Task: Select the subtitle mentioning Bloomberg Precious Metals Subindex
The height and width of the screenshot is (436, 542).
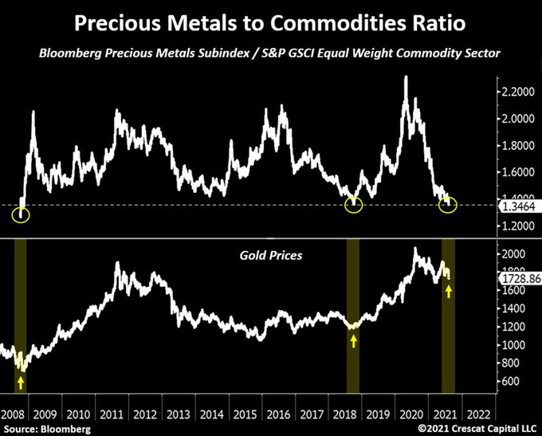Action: coord(271,54)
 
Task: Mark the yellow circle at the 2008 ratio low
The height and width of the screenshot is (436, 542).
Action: coord(22,214)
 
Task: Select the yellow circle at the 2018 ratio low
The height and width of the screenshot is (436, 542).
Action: coord(354,206)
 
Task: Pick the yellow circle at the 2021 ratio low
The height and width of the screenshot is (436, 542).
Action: coord(448,206)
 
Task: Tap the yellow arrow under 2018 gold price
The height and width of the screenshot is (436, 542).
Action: coord(354,341)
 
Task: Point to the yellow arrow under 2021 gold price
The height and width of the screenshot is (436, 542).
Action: coord(449,292)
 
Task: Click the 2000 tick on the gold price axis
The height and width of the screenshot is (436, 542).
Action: coord(514,254)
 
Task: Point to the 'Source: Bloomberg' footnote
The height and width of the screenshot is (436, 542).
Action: coord(46,429)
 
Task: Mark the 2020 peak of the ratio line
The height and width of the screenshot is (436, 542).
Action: coord(407,77)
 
